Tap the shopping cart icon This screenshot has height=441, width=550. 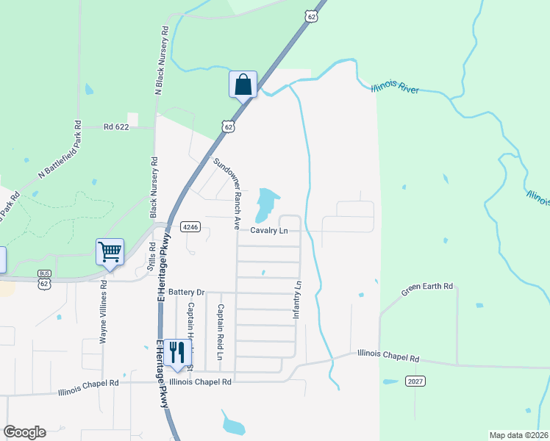(110, 252)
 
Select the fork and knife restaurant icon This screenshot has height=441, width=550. (177, 353)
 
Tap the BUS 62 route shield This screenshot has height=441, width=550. (45, 278)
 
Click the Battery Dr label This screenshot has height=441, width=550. (185, 292)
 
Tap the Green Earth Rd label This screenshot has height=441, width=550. (426, 289)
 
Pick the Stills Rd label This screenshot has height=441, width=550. (152, 257)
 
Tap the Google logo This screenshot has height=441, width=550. (24, 432)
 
